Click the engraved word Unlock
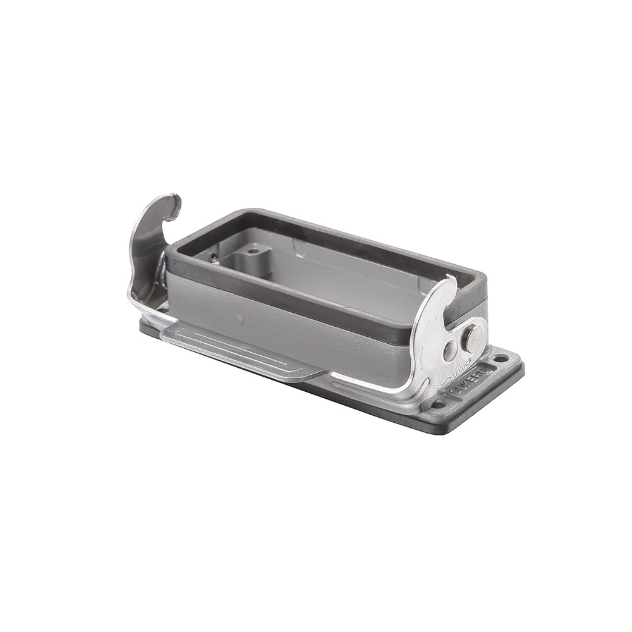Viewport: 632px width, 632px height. pyautogui.click(x=461, y=368)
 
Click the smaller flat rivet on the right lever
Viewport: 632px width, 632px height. pyautogui.click(x=449, y=351)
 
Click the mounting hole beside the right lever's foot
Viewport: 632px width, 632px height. pyautogui.click(x=438, y=404)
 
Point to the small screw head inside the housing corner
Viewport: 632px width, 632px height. pyautogui.click(x=214, y=257)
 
